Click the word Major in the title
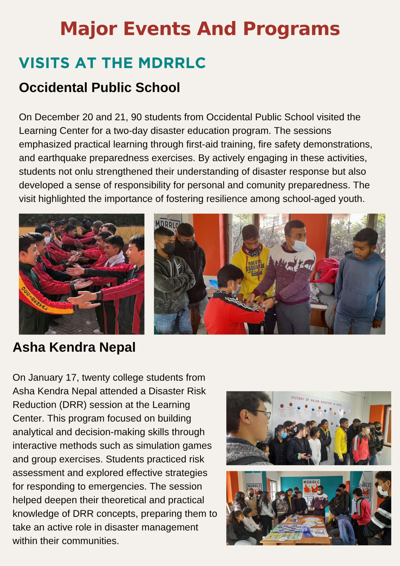pos(89,29)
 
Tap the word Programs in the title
pos(291,29)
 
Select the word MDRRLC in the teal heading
pos(172,63)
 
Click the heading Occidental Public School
pos(99,87)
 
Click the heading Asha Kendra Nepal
pos(74,347)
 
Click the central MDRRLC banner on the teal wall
pos(311,486)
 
